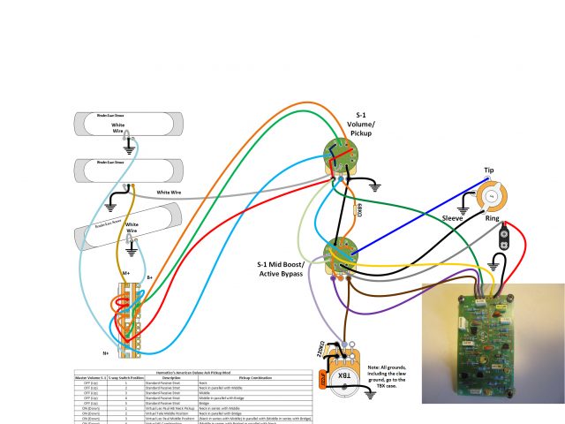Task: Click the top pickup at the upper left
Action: point(128,119)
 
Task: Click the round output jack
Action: point(493,194)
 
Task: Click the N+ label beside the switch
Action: point(105,352)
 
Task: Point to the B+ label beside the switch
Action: point(150,277)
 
